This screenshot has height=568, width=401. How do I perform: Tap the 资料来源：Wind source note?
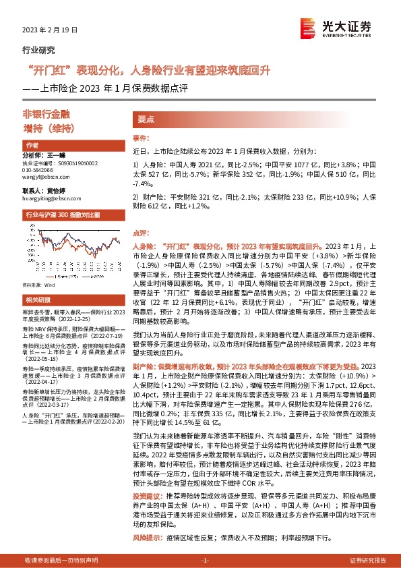tap(37, 287)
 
